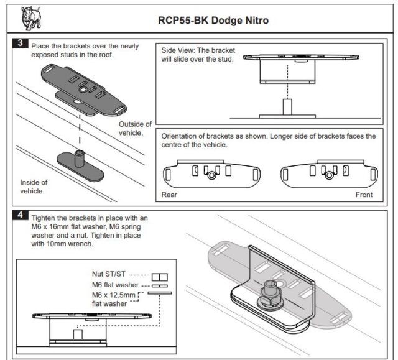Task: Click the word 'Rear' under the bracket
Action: pyautogui.click(x=170, y=195)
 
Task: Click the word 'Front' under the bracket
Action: pyautogui.click(x=364, y=195)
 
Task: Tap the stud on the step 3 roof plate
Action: pyautogui.click(x=79, y=155)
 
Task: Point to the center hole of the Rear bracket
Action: pyautogui.click(x=212, y=176)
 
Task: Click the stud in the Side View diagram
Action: pyautogui.click(x=287, y=106)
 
